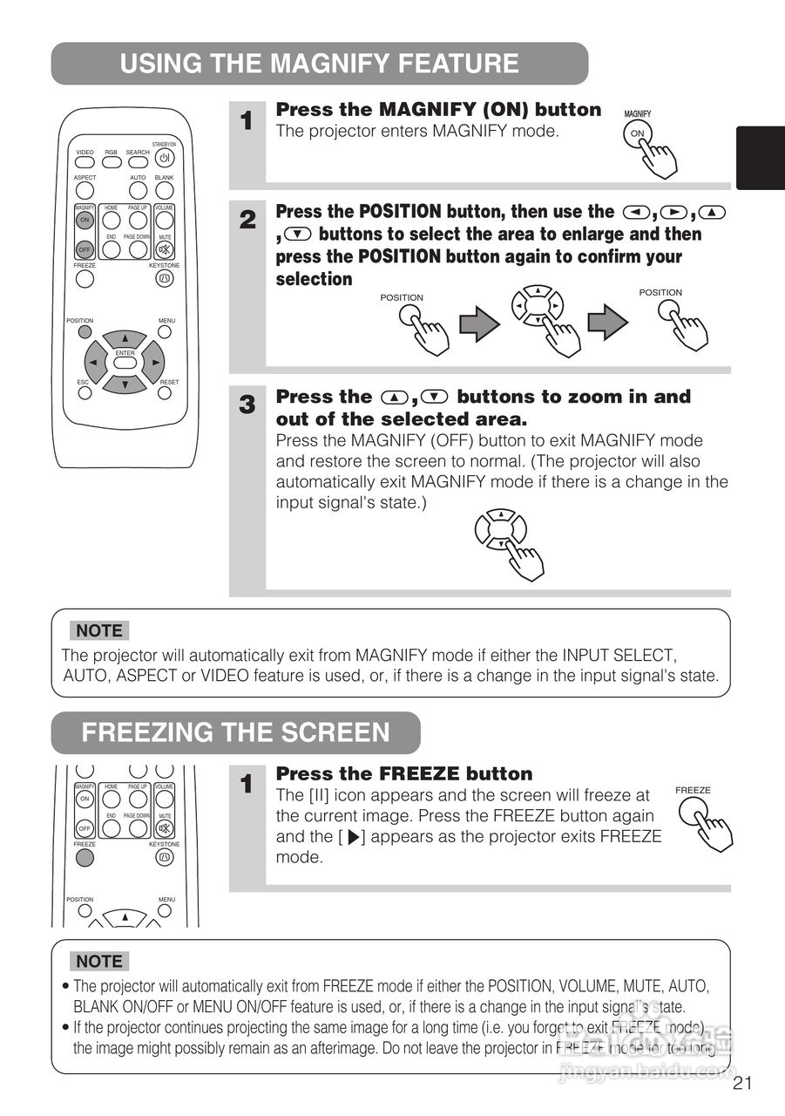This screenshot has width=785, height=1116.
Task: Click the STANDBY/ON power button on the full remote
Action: point(165,159)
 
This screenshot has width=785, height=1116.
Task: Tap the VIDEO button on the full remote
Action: point(85,163)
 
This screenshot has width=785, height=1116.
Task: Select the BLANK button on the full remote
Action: point(165,189)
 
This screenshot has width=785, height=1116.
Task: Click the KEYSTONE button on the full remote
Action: point(165,279)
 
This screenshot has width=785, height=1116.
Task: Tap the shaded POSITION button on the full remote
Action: point(85,331)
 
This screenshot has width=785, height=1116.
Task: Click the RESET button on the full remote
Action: point(165,392)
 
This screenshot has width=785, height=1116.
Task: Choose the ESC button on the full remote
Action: point(85,392)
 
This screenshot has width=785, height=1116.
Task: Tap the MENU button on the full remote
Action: point(165,331)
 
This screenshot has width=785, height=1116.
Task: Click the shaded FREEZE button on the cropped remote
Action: point(85,856)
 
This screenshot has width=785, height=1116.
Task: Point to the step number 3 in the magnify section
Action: point(247,405)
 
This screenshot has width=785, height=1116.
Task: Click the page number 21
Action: point(742,1084)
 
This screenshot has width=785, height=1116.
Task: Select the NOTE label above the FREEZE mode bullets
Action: point(99,961)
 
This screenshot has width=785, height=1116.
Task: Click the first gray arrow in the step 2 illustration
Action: point(479,325)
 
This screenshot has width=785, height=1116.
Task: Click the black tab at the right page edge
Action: point(760,158)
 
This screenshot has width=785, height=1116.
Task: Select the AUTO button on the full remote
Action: point(138,189)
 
